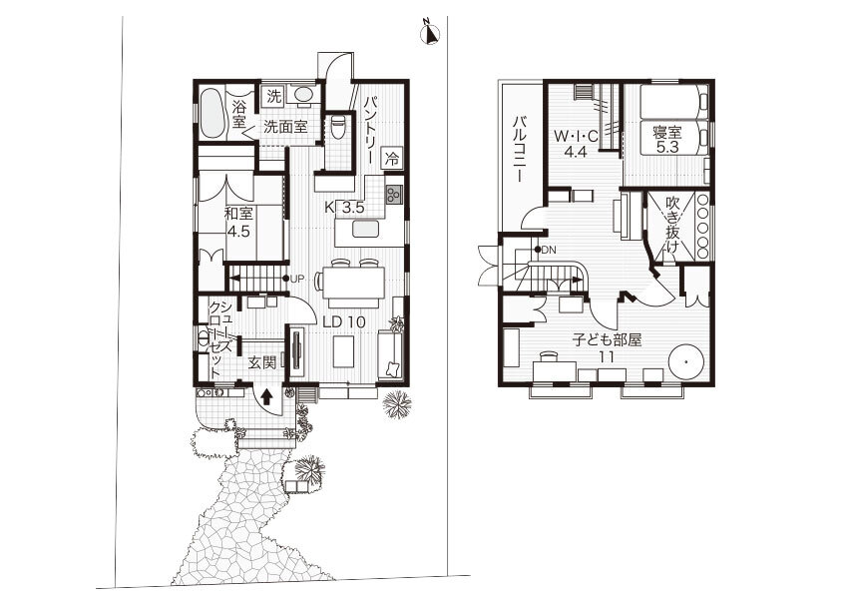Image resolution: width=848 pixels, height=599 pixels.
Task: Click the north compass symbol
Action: pyautogui.click(x=431, y=33)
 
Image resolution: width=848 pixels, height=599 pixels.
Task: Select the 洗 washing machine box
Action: pyautogui.click(x=274, y=97)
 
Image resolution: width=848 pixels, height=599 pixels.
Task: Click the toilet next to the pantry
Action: pyautogui.click(x=337, y=127)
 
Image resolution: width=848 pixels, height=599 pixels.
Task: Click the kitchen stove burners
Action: pyautogui.click(x=394, y=194)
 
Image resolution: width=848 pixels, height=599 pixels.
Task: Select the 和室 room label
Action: pyautogui.click(x=239, y=213)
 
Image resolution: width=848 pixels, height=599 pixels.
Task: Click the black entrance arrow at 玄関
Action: pyautogui.click(x=266, y=396)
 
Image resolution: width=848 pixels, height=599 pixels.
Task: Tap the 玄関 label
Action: pyautogui.click(x=262, y=362)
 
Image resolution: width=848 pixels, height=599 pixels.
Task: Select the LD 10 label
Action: pyautogui.click(x=344, y=321)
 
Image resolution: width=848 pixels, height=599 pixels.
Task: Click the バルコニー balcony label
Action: pyautogui.click(x=518, y=148)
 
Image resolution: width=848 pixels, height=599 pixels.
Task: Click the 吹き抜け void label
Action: pyautogui.click(x=672, y=226)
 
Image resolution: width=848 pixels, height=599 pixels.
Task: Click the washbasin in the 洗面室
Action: pyautogui.click(x=303, y=94)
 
